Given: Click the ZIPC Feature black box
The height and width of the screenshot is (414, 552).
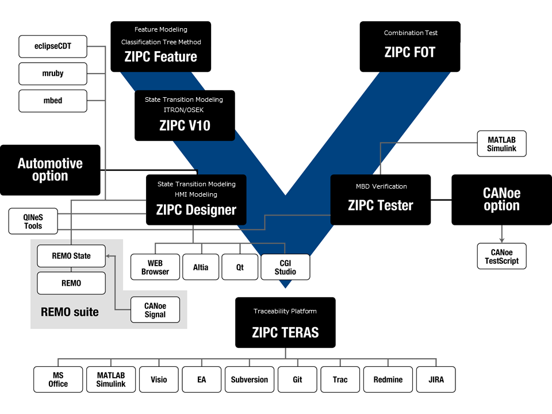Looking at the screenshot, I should (160, 47).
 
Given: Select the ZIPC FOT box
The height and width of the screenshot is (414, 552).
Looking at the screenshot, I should (410, 47).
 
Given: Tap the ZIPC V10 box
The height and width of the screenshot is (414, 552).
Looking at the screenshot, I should (185, 116).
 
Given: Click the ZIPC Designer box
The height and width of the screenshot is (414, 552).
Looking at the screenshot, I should (196, 200).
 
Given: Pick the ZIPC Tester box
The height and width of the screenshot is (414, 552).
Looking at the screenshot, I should (380, 200).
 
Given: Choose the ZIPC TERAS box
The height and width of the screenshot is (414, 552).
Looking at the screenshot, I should (285, 323).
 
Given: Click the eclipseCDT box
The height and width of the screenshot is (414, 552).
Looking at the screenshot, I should (53, 46).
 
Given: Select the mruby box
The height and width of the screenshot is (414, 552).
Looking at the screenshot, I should (53, 74).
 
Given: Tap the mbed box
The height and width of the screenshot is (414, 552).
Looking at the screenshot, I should (53, 101).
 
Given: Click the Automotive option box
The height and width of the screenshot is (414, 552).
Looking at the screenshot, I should (50, 170).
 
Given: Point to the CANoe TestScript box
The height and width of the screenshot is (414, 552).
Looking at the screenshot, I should (501, 256).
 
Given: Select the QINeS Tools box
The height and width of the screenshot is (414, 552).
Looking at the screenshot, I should (33, 221).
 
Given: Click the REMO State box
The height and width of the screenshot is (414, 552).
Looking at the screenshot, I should (71, 256).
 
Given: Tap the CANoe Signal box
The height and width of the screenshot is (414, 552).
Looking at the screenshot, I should (155, 310).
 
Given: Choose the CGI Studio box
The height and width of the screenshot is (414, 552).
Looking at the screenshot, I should (285, 267).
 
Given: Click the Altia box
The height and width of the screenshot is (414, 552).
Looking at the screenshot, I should (201, 267).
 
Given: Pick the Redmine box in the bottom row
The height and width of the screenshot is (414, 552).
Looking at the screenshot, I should (388, 379).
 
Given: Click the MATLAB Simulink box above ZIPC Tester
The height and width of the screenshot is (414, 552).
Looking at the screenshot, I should (502, 144).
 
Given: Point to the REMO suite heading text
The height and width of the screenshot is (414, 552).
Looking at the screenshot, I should (70, 312).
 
